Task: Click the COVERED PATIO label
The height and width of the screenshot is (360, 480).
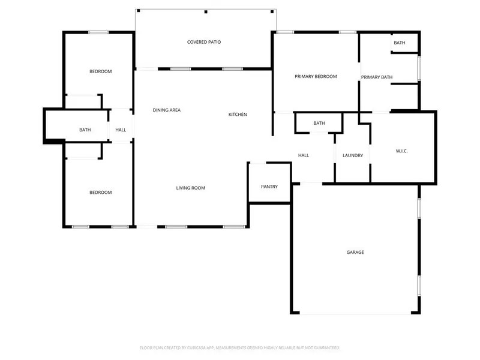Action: pos(204,42)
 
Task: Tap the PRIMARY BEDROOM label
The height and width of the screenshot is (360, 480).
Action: pos(316,76)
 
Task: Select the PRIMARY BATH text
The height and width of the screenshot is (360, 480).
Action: pos(377,77)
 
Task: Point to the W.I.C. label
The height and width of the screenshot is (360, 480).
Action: pos(401,151)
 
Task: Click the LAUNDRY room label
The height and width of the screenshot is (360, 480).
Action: pos(353,155)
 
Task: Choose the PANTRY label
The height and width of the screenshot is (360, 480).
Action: pos(269,187)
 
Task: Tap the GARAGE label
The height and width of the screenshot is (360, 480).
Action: pos(355,252)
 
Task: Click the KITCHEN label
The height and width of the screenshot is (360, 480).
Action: pos(238,115)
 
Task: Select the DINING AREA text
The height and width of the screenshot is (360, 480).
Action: pos(167,110)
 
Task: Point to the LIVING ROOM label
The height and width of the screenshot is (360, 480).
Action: pos(190,188)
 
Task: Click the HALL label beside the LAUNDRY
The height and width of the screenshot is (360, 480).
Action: pos(304,155)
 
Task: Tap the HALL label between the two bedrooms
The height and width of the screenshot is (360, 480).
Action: pos(121,130)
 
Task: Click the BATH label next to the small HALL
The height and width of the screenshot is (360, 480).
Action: pos(85,130)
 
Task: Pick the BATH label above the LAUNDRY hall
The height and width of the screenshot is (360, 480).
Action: pos(319,123)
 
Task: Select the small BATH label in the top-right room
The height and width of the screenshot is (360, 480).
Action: pos(399,43)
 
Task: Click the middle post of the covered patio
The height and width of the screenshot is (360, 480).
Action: pos(206,12)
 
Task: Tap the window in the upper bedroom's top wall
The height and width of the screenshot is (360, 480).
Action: pos(98,32)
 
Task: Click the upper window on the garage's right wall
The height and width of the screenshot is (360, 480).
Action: pos(419,208)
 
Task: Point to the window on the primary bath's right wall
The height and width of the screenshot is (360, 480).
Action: pos(419,68)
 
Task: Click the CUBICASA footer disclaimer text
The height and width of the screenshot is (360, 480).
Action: pos(239,348)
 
